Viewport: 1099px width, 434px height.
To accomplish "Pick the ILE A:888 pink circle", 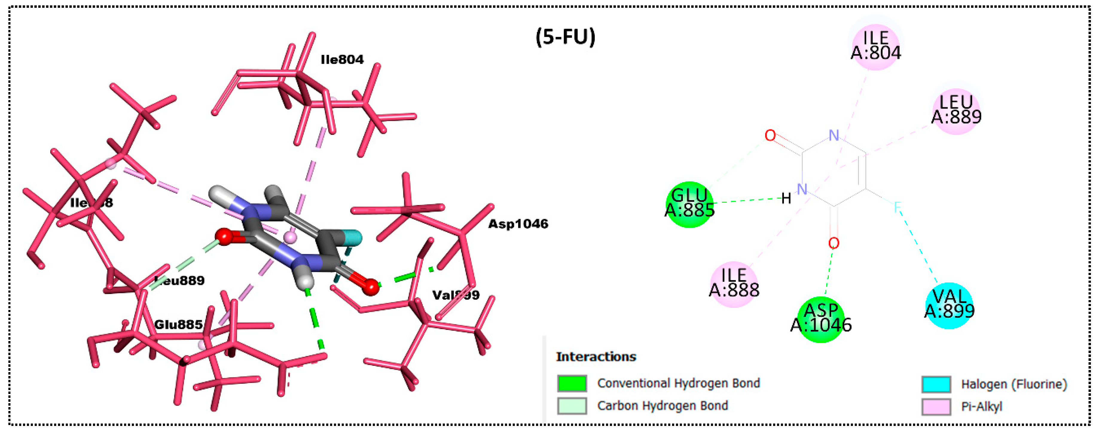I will click(734, 284).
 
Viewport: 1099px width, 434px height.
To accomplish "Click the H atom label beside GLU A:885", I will click(786, 198).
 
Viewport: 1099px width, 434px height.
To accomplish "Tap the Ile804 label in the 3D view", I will click(342, 60).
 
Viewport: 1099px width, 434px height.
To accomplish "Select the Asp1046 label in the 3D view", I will click(518, 224).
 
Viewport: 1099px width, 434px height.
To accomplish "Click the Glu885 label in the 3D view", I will click(178, 325).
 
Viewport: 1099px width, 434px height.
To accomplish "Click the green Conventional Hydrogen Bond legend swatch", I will click(572, 383).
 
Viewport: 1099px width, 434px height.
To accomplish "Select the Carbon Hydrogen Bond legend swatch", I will click(572, 405).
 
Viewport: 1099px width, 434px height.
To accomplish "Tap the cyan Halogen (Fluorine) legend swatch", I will click(936, 384).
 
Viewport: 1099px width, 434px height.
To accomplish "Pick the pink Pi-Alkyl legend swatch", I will click(936, 406).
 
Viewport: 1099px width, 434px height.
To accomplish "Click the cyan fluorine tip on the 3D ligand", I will click(354, 238).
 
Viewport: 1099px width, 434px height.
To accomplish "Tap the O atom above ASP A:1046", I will click(833, 243).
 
